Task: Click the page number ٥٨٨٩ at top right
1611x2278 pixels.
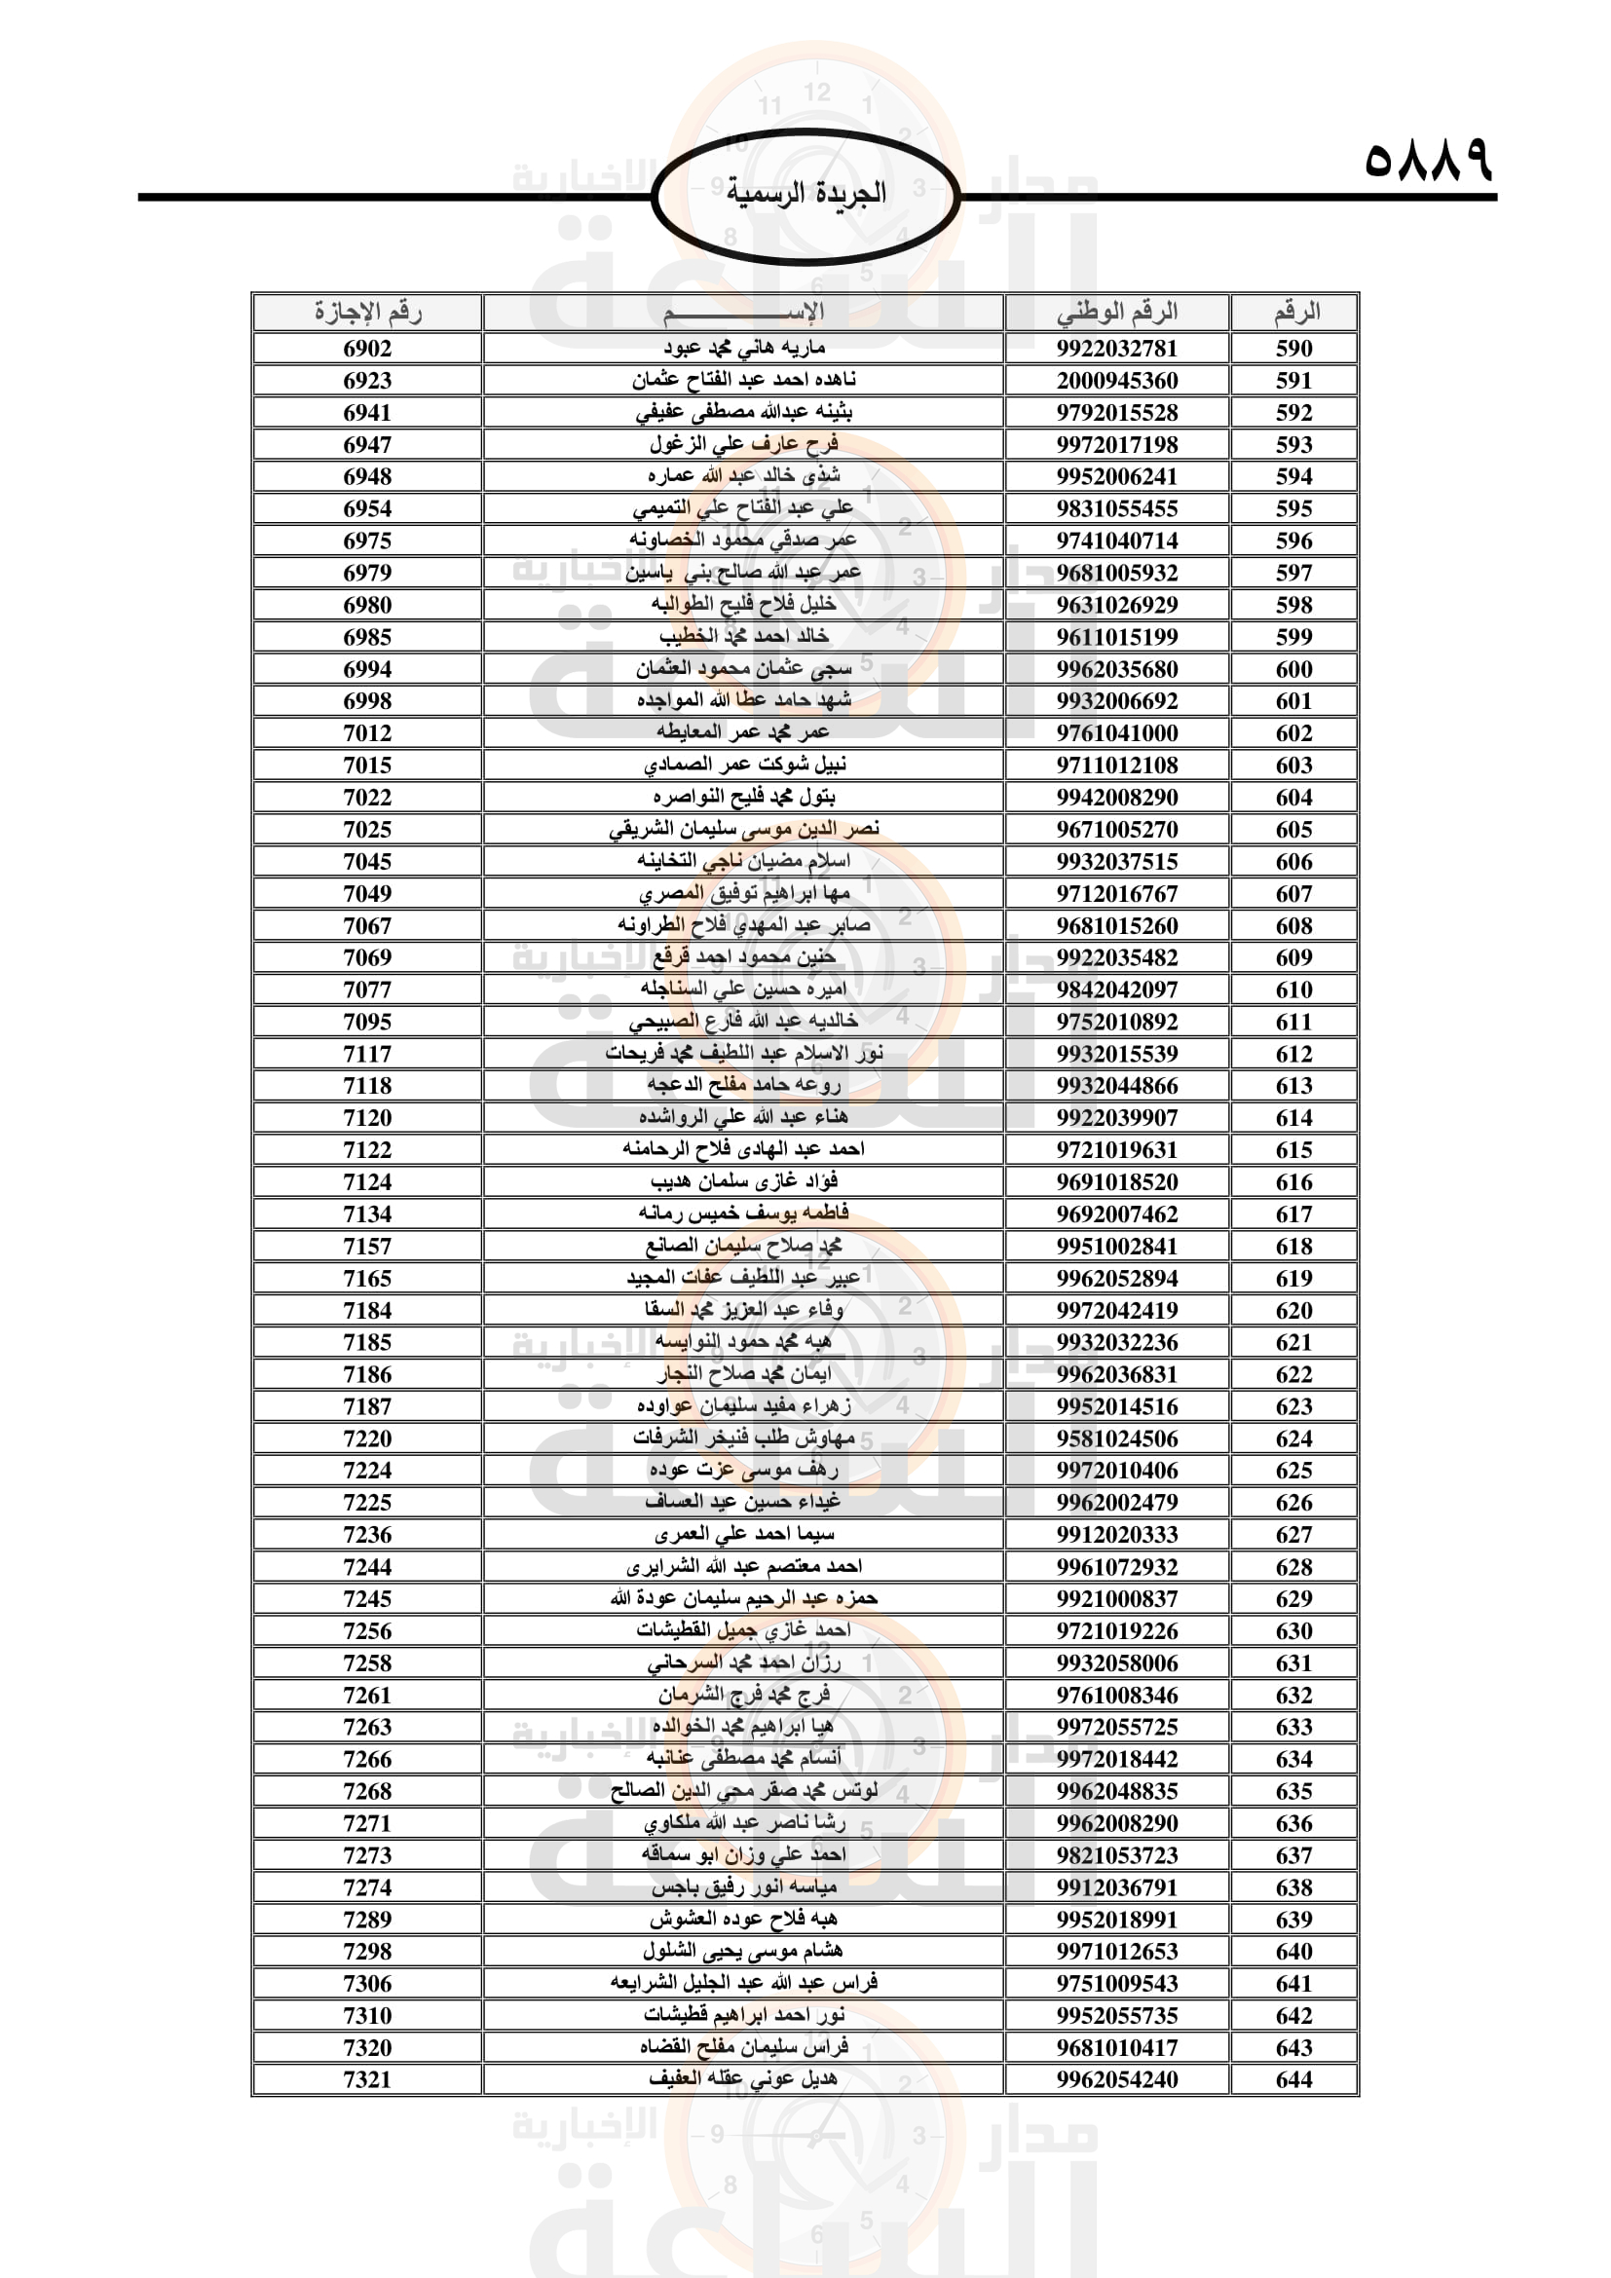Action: pos(1428,159)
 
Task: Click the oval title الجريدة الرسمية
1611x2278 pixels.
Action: pos(805,194)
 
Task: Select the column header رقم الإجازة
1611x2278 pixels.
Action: pos(367,313)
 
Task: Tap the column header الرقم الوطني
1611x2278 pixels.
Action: pos(1117,313)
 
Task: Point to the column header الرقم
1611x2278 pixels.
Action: pos(1294,313)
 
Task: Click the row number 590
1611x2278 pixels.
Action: pos(1294,349)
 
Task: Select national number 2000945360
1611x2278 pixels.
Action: pos(1117,381)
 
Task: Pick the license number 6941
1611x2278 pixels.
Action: pos(367,413)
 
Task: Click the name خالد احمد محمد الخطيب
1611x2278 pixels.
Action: pos(743,637)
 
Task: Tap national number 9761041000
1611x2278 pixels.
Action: pos(1117,733)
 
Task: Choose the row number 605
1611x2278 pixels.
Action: pos(1294,830)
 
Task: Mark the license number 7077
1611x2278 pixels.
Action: pos(367,990)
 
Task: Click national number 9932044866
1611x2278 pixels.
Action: pos(1117,1085)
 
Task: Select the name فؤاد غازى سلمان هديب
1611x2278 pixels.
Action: pos(743,1181)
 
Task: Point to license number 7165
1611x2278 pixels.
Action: pos(367,1278)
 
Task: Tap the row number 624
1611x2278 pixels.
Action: pos(1294,1438)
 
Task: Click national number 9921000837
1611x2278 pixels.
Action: pos(1117,1598)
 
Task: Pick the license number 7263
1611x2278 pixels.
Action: pos(367,1727)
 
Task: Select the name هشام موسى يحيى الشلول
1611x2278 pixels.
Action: pos(743,1951)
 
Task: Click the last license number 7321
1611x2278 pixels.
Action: pos(367,2078)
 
